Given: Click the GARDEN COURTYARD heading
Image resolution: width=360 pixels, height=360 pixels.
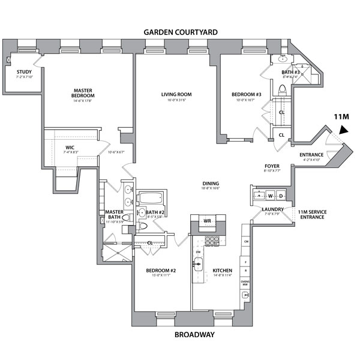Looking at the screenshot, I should tap(179, 31).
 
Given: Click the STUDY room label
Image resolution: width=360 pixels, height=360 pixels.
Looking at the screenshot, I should tap(24, 72).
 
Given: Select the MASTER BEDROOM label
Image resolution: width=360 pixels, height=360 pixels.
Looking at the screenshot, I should tap(81, 93).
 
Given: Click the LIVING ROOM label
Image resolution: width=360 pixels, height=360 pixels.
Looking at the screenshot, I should tap(176, 94).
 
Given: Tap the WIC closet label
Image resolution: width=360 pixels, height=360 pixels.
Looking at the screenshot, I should tap(70, 146).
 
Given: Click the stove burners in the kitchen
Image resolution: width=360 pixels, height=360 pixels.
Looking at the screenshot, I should tap(212, 242).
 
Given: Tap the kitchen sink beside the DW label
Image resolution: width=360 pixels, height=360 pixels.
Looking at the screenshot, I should tap(198, 262).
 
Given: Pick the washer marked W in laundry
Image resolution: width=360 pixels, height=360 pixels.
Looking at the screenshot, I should tap(271, 196).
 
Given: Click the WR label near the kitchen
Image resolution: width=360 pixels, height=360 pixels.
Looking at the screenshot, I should tap(207, 221).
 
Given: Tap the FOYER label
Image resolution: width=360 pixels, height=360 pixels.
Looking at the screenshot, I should tap(272, 166).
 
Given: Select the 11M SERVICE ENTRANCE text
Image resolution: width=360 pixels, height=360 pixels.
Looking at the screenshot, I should tap(312, 214).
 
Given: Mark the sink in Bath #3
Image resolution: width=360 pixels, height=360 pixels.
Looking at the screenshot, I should tap(283, 61).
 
